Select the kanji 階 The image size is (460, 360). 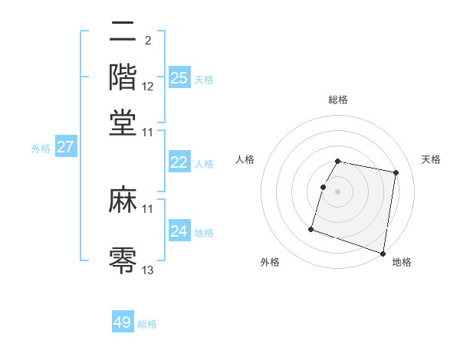coord(123,77)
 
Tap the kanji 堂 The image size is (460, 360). coord(123,122)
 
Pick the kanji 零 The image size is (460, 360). coord(123,259)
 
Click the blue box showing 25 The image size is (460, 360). coord(179,77)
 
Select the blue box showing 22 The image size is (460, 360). coord(179,162)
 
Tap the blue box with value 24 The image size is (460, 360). coord(179,231)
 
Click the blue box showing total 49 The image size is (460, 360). coord(123,322)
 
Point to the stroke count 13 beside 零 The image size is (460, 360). coord(148,270)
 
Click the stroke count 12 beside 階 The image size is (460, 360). coord(148,87)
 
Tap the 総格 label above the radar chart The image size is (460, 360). coord(337,100)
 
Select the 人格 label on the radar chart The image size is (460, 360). coord(245,159)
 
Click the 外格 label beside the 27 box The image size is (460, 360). coord(41,149)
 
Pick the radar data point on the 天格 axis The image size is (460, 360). coord(396,173)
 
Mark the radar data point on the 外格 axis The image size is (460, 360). coord(311,228)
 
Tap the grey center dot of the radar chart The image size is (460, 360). coord(337,191)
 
